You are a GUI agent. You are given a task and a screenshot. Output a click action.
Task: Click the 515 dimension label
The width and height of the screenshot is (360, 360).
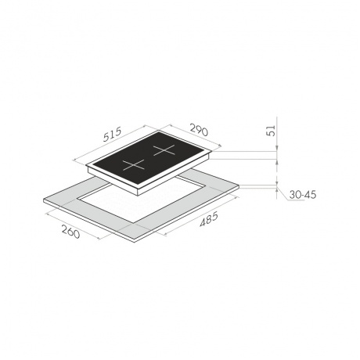(x=113, y=134)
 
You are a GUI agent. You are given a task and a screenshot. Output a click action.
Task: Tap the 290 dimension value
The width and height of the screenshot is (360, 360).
(x=199, y=130)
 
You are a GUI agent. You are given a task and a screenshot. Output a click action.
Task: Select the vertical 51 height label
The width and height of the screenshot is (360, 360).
(x=272, y=131)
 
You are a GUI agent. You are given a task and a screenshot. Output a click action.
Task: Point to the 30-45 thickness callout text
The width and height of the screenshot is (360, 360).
(x=303, y=195)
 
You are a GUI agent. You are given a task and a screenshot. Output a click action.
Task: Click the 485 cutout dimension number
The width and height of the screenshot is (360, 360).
(x=209, y=220)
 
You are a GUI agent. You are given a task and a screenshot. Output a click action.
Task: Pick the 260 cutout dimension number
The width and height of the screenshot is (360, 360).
(x=70, y=232)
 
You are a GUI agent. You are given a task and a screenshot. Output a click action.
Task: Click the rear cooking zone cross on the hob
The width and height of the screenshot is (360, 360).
(x=164, y=150)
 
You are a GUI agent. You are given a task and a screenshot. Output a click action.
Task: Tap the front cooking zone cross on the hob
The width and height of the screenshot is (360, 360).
(x=134, y=165)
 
